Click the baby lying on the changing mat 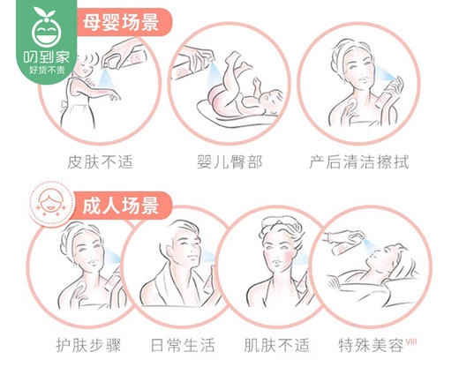click(x=238, y=88)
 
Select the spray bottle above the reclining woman click(x=342, y=237)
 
